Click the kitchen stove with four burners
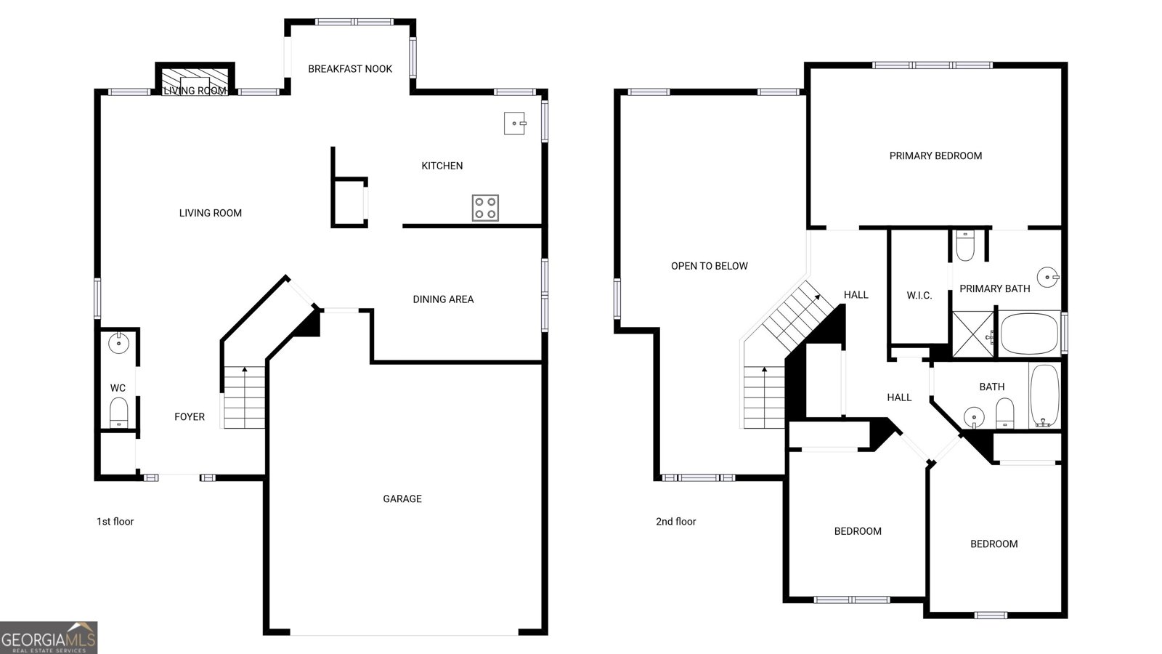pos(485,208)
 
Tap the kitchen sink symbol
pos(515,124)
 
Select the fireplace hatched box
pos(195,81)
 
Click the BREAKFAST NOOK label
pos(350,69)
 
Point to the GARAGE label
pos(402,498)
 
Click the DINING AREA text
pos(443,299)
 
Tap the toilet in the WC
pos(119,413)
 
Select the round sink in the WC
pos(118,343)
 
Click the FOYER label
pos(190,417)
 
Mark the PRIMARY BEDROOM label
pos(936,156)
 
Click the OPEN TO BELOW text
pos(709,266)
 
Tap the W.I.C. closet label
pos(919,296)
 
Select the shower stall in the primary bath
pos(973,334)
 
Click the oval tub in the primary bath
pos(1029,334)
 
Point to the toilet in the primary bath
pos(965,246)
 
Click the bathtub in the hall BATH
pos(1044,395)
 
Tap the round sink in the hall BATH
pos(974,417)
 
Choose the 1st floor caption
pos(115,522)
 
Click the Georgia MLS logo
pos(49,638)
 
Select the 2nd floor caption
pos(676,522)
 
